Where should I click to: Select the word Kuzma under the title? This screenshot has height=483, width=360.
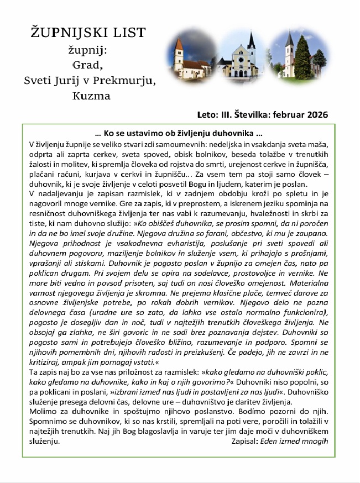coord(91,96)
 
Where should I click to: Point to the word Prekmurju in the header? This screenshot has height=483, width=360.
coord(124,81)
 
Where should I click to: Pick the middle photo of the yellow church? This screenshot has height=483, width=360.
coord(243,54)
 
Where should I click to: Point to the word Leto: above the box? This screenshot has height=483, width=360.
coord(207,115)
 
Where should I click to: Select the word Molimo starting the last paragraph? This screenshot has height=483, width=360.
coord(43,412)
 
